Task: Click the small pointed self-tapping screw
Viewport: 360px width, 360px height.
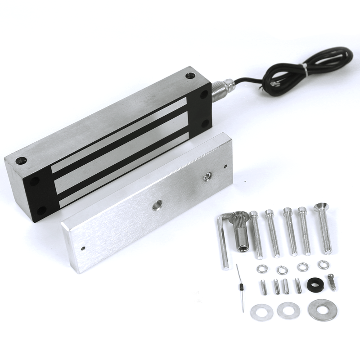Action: pyautogui.click(x=332, y=282)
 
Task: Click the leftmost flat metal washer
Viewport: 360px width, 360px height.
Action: pyautogui.click(x=261, y=311)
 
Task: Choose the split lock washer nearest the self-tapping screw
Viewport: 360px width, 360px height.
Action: pyautogui.click(x=323, y=265)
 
